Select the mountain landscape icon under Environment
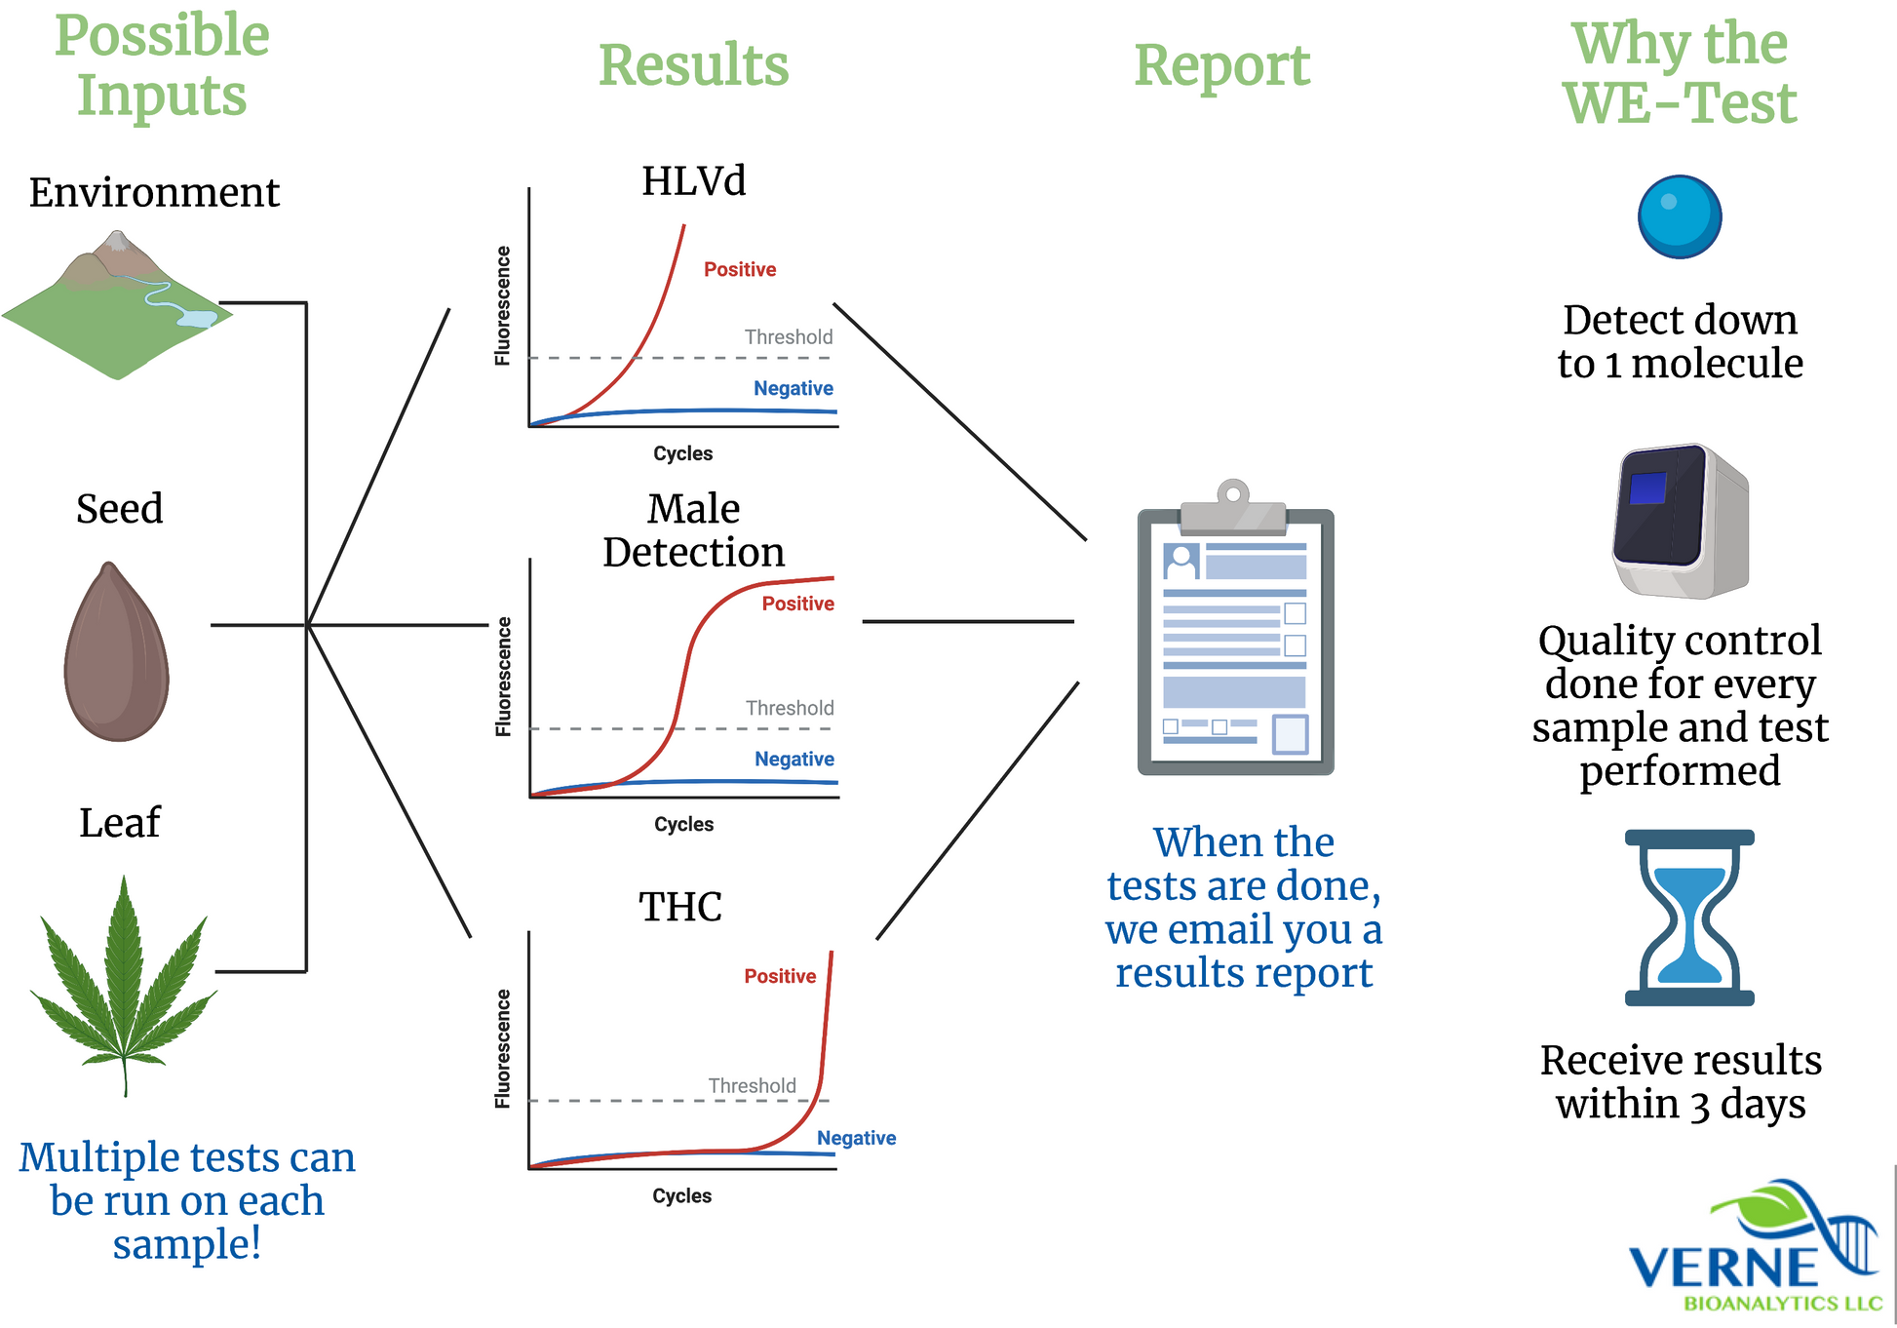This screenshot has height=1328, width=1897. pyautogui.click(x=117, y=304)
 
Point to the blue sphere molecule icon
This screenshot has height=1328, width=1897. pyautogui.click(x=1679, y=216)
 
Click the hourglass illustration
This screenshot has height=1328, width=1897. pyautogui.click(x=1688, y=917)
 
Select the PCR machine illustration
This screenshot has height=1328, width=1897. pyautogui.click(x=1680, y=522)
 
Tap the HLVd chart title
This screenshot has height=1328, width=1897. pyautogui.click(x=693, y=181)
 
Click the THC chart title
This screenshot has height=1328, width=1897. pyautogui.click(x=680, y=907)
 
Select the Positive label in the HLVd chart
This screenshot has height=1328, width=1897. pyautogui.click(x=740, y=269)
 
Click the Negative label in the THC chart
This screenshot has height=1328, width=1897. pyautogui.click(x=856, y=1138)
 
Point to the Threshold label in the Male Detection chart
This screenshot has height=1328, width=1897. pyautogui.click(x=790, y=708)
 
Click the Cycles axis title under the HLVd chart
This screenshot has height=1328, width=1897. pyautogui.click(x=682, y=453)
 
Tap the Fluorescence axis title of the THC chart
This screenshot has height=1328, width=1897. pyautogui.click(x=503, y=1049)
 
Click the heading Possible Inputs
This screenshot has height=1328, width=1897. pyautogui.click(x=162, y=64)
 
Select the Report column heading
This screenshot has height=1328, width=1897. pyautogui.click(x=1221, y=65)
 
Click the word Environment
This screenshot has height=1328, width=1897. pyautogui.click(x=154, y=192)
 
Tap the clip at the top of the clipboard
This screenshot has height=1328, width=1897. pyautogui.click(x=1233, y=505)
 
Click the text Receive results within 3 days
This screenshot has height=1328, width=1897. pyautogui.click(x=1681, y=1082)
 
